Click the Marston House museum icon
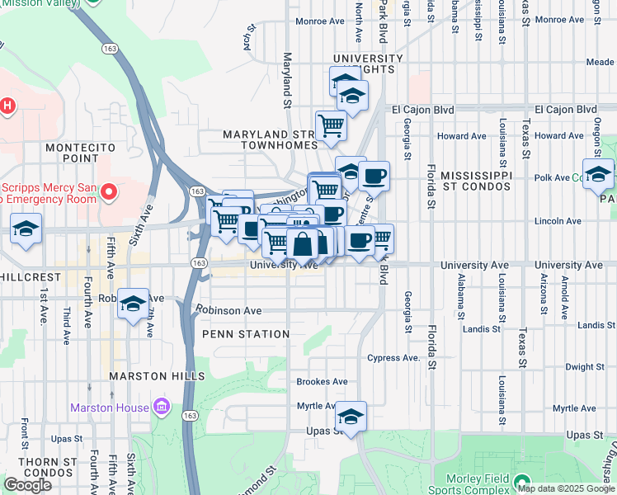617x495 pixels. point(161,408)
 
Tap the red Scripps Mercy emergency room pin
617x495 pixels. point(109,192)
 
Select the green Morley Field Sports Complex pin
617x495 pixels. point(520,481)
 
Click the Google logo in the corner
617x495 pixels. point(27,485)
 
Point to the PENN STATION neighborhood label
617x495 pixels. point(246,334)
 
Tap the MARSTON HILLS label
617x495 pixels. point(156,376)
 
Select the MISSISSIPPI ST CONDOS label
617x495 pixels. point(487,181)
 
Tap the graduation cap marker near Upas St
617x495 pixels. point(351,417)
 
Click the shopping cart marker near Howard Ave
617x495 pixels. point(331,125)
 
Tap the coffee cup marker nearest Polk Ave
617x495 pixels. point(374,175)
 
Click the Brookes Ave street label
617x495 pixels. point(322,382)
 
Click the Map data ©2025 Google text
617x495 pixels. point(565,488)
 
